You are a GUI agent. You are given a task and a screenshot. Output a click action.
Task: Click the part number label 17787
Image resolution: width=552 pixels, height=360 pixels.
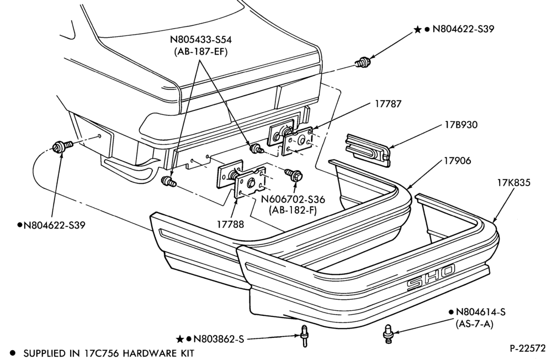(x=388, y=104)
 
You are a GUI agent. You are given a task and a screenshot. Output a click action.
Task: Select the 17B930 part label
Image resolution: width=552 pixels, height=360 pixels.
(x=460, y=125)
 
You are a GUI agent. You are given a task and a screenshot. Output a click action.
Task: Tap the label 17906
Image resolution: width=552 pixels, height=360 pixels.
(x=457, y=161)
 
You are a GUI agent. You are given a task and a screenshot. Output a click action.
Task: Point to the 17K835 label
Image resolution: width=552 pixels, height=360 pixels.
(x=513, y=183)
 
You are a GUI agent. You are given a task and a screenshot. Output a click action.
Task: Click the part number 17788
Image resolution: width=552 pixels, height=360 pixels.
(x=230, y=224)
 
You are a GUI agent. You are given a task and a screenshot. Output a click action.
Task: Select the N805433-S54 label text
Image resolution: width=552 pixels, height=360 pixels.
(x=201, y=39)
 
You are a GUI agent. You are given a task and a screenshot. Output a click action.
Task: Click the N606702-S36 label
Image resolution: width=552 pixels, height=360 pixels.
(x=293, y=199)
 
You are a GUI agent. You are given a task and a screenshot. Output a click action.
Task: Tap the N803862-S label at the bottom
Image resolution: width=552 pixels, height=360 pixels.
(x=219, y=339)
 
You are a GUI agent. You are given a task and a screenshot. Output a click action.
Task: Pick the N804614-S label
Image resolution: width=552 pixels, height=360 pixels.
(x=481, y=312)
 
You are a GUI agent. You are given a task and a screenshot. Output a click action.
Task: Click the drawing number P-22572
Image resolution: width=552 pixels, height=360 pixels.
(x=527, y=348)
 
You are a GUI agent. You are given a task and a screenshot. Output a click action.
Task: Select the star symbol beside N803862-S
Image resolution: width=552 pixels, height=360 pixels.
(x=180, y=339)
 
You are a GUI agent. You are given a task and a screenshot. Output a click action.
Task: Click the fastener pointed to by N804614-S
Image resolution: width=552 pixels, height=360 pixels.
(x=388, y=333)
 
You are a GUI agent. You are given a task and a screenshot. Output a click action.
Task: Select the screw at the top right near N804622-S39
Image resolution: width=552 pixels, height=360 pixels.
(x=363, y=62)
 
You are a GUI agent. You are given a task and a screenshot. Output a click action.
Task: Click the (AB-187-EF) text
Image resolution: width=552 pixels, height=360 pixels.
(x=201, y=52)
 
